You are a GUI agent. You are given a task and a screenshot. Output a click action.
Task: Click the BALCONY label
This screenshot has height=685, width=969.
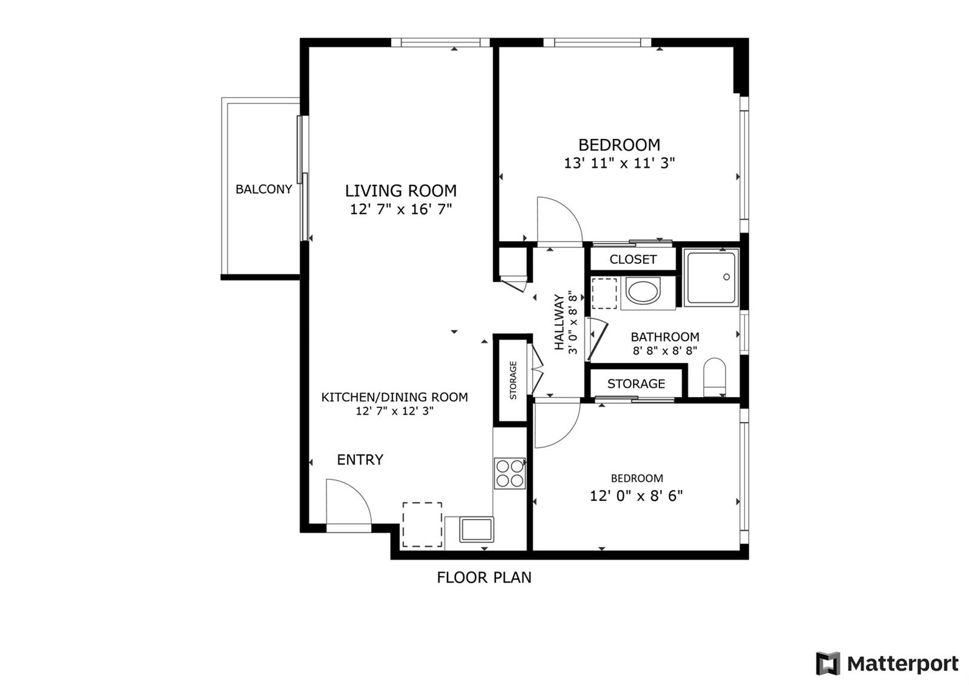pos(263,189)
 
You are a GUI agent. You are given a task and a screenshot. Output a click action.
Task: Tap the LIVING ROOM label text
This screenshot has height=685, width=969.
pos(400,190)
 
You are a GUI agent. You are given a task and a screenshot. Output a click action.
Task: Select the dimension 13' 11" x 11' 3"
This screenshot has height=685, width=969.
pos(619,163)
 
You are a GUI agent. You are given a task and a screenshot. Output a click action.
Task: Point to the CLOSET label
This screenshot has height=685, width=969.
pos(633,259)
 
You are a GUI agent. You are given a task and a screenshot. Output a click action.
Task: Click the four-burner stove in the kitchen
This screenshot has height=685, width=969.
pos(509,473)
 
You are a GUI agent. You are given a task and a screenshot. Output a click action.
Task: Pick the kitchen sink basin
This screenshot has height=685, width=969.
pos(476,529)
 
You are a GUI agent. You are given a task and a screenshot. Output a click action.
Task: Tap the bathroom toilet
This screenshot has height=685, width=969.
pos(714,376)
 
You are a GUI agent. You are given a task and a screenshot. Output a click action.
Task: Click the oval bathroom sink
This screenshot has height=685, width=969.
pos(643,292)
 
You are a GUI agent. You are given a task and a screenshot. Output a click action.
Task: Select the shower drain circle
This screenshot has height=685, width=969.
pos(726,276)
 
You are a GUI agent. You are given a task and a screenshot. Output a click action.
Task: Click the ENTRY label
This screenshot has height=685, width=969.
pos(360,459)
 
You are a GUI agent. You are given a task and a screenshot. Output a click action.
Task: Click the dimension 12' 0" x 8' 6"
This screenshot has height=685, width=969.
pos(636,496)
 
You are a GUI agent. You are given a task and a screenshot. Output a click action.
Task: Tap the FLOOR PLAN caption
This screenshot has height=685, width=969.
pos(484,577)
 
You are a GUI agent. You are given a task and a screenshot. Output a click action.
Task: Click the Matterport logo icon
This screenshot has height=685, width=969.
pos(828,663)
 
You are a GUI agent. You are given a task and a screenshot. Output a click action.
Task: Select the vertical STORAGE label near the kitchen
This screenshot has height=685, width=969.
pos(513,380)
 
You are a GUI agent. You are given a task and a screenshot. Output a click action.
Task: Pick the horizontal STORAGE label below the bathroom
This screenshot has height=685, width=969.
pos(636,384)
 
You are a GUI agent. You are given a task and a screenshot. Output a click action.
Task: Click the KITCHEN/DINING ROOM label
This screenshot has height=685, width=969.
pos(394,397)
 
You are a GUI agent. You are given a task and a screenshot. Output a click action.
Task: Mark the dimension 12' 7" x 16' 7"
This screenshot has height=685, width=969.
pos(400,210)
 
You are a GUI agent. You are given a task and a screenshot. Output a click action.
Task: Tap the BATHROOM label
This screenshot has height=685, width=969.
pos(665,337)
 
